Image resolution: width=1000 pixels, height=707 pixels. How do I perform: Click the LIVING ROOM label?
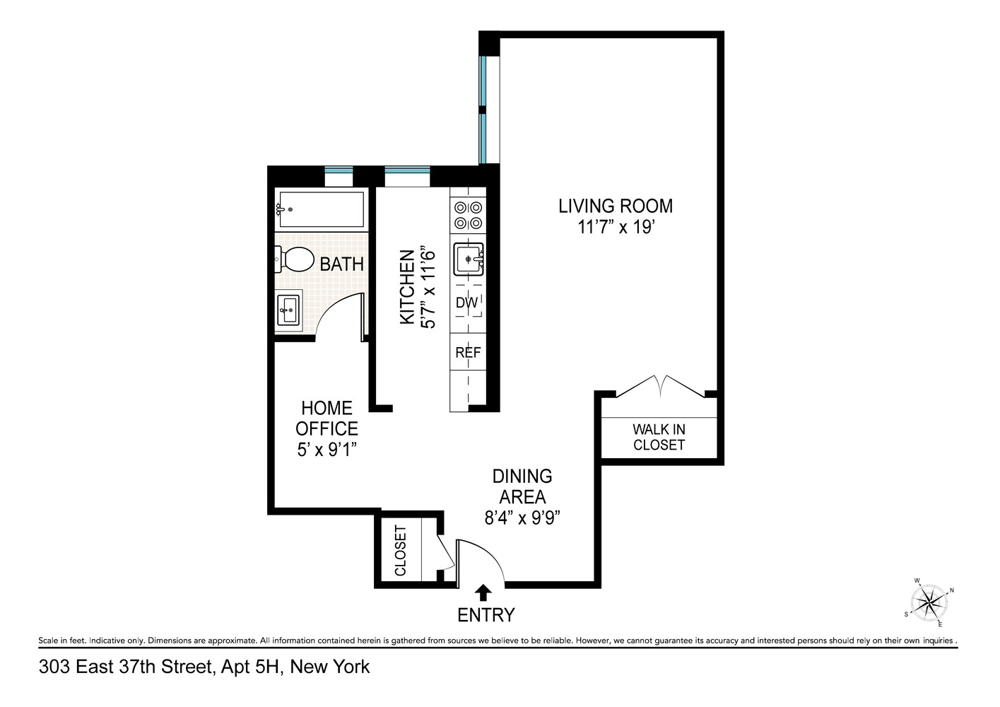point(616,206)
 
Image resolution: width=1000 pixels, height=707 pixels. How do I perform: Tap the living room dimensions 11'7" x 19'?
point(616,228)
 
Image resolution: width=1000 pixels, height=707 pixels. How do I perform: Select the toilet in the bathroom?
point(295,259)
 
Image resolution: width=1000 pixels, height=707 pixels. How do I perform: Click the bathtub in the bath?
point(322,209)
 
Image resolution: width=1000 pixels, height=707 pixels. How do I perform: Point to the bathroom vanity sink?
point(288,310)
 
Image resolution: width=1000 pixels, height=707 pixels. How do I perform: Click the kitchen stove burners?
point(468,216)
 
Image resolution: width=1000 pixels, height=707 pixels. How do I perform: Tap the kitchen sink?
point(468,259)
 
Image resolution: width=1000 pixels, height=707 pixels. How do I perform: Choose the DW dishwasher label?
point(466,303)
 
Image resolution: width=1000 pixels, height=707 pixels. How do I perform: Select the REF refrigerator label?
point(468,352)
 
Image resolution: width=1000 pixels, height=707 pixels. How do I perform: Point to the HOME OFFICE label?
point(327,418)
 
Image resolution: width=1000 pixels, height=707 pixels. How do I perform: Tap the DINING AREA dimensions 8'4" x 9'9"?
point(522,518)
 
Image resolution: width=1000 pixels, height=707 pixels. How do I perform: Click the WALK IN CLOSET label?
point(659,437)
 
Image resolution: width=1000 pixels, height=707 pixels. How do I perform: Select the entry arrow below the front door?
point(484,592)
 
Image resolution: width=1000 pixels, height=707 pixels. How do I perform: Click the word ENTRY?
point(486,615)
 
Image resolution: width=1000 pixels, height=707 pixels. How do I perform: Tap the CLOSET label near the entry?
point(401,550)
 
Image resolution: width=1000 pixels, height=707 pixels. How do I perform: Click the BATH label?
point(342,264)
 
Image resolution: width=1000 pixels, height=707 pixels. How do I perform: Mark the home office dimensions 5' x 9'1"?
point(327,450)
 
